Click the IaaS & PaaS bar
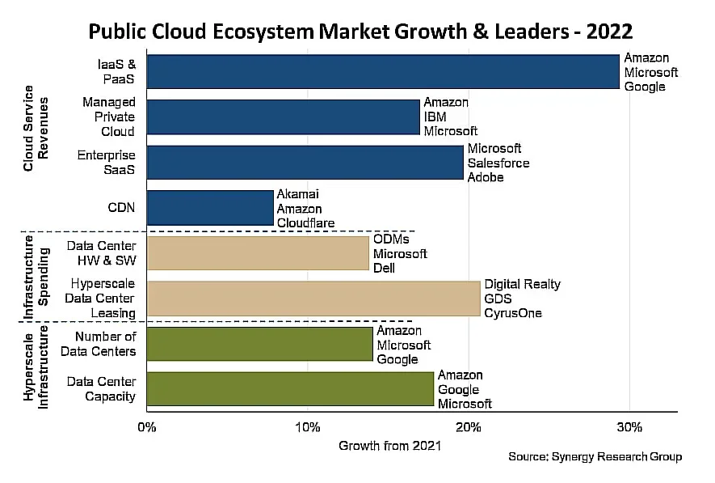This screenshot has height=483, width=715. click(x=383, y=71)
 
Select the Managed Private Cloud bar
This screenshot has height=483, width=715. click(x=284, y=117)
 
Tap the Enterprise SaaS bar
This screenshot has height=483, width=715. click(x=305, y=163)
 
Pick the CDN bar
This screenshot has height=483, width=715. click(x=210, y=208)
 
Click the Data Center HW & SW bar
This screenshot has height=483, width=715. click(x=258, y=253)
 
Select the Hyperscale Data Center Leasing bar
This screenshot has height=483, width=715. click(x=313, y=299)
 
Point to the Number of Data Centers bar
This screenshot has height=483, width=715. click(x=259, y=344)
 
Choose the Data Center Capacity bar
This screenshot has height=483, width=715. click(x=290, y=388)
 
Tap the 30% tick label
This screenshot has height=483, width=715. click(x=629, y=426)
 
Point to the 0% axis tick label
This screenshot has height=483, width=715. click(x=146, y=426)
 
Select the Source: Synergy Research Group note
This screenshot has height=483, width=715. click(x=595, y=457)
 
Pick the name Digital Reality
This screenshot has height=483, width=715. click(x=522, y=284)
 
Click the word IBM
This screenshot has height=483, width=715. click(x=435, y=117)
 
